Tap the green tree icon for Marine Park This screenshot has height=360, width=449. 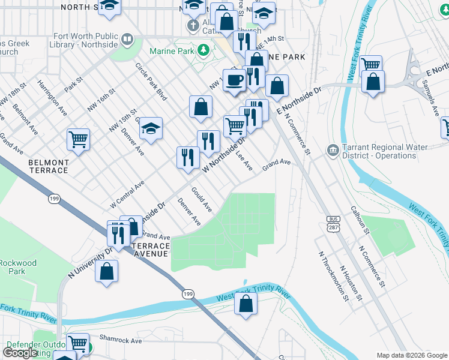(203, 49)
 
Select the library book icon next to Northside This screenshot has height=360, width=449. (127, 40)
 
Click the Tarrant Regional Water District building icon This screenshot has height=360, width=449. (332, 149)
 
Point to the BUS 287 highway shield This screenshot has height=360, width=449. (333, 223)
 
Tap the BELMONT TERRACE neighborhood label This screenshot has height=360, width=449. (49, 166)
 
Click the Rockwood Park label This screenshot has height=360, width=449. (18, 267)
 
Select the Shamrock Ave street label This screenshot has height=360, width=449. (121, 340)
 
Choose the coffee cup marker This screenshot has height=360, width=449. (235, 79)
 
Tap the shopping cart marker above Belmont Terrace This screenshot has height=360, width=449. (79, 139)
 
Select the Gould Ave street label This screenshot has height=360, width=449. (201, 199)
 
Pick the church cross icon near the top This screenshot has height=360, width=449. (193, 25)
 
